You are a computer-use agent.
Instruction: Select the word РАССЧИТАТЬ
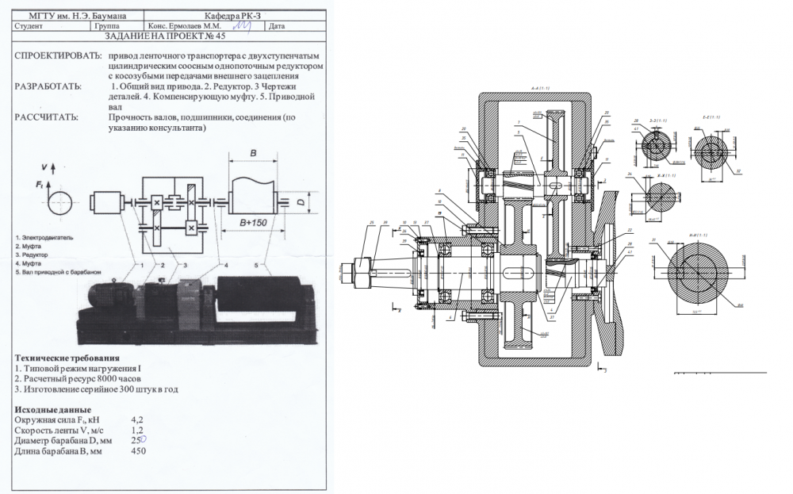[47, 117]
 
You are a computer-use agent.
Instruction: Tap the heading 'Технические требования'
[67, 358]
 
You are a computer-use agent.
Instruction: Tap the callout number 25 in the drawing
[371, 224]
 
